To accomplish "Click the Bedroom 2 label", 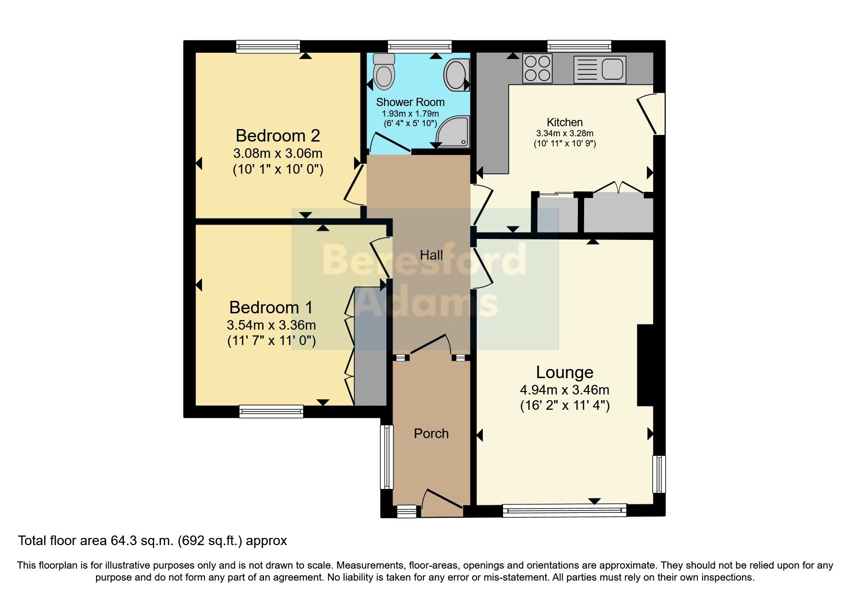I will (x=277, y=136).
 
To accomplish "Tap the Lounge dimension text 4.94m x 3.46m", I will (x=564, y=390).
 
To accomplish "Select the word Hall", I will (x=431, y=255).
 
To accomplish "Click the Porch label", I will (x=431, y=433).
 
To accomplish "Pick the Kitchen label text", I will (x=564, y=122).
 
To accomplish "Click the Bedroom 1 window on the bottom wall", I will (x=272, y=411).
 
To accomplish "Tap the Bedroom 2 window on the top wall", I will (x=268, y=47).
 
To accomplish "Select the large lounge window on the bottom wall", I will (x=564, y=510).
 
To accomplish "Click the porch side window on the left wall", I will (x=386, y=457).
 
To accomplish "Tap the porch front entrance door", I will (x=442, y=502).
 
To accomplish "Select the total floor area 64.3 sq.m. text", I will (x=152, y=541).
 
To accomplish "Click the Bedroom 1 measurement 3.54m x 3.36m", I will (x=271, y=325).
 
